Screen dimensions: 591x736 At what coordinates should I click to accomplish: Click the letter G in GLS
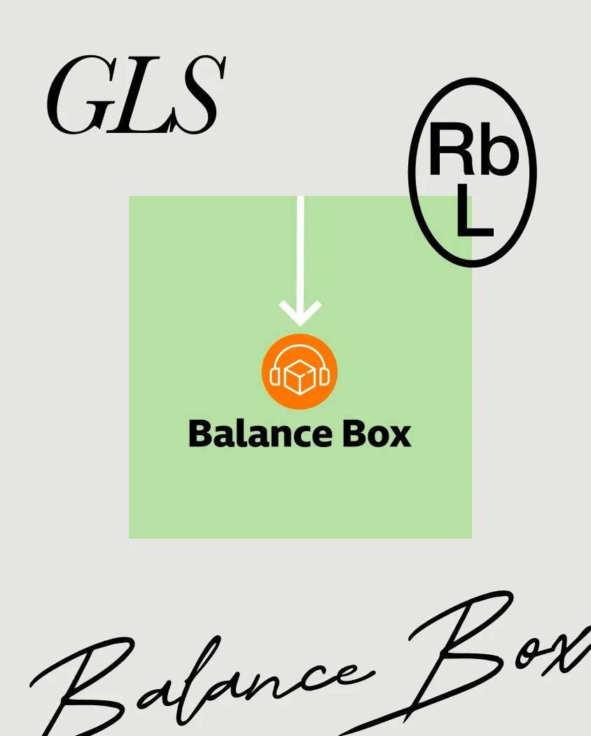coord(78,95)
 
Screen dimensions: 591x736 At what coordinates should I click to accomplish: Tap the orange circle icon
coord(300,371)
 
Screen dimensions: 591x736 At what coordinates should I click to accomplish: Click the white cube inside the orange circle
coord(300,376)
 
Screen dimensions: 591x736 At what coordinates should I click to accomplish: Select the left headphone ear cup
coord(275,376)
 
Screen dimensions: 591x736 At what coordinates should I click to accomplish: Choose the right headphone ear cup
coord(325,376)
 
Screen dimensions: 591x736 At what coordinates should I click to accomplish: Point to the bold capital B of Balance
coord(200,434)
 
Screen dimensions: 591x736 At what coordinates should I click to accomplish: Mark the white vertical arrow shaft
coord(300,253)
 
